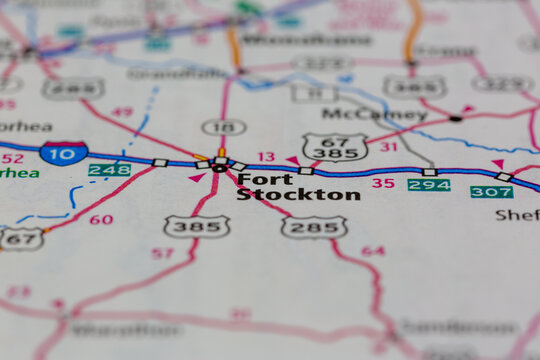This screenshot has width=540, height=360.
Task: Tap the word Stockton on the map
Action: click(298, 195)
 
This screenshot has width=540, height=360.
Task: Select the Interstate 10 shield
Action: click(63, 152)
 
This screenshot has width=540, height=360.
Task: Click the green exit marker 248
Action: click(109, 170)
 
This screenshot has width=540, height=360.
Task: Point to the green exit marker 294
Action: click(428, 185)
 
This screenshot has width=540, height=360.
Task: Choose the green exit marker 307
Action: click(491, 191)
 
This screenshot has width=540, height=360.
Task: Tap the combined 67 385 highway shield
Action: click(334, 147)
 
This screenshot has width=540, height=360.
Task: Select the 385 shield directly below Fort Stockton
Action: click(196, 226)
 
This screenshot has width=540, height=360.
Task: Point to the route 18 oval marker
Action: click(223, 127)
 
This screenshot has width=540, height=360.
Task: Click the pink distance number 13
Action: click(265, 157)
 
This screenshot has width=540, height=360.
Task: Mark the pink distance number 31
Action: click(388, 147)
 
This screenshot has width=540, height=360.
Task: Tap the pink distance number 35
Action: click(382, 183)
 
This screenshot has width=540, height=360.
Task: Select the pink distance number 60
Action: click(101, 219)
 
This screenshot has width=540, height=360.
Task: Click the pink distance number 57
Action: click(162, 253)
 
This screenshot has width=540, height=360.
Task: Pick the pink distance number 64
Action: click(372, 250)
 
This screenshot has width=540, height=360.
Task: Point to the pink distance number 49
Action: click(122, 112)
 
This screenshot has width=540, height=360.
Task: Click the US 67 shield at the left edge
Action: click(20, 238)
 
